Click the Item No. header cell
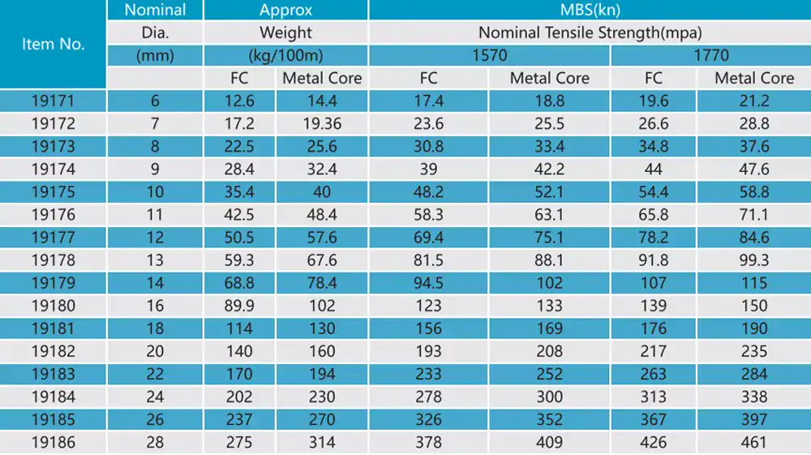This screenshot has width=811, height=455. [53, 44]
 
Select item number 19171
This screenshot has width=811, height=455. [53, 101]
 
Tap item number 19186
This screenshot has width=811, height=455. [53, 443]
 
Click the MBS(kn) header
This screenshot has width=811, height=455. [589, 10]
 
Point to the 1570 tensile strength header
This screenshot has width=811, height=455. [489, 56]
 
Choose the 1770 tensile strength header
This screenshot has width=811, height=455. [710, 56]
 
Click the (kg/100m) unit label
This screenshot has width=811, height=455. [285, 56]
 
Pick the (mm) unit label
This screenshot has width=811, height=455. [155, 56]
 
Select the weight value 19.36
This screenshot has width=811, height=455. [322, 124]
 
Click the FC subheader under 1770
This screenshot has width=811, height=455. [653, 79]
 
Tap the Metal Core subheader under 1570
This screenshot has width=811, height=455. [549, 79]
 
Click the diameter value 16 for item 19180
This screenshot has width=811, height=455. [155, 306]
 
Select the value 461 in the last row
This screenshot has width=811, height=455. [754, 443]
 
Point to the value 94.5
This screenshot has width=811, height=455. [428, 283]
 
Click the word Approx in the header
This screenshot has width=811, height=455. [285, 10]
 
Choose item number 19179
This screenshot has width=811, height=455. [53, 283]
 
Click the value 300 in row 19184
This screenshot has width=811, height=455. [549, 397]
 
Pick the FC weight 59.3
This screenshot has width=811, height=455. [240, 260]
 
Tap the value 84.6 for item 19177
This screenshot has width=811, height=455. [754, 238]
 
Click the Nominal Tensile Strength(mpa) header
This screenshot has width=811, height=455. [589, 33]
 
